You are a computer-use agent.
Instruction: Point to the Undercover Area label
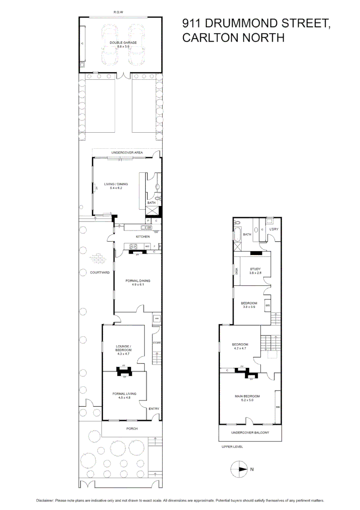(x=127, y=153)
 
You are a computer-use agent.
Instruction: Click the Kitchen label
(x=143, y=237)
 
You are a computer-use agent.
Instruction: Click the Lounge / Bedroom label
(x=124, y=348)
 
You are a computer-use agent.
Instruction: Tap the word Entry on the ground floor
(x=154, y=409)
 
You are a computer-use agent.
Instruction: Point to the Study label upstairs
(x=255, y=269)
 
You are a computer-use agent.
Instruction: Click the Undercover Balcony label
(x=250, y=433)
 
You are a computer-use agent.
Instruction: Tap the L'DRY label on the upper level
(x=274, y=229)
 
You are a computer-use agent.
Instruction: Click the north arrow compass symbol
(x=239, y=469)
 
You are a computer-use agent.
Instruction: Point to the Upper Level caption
(x=232, y=447)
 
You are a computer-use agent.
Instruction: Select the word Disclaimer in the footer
(x=46, y=500)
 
